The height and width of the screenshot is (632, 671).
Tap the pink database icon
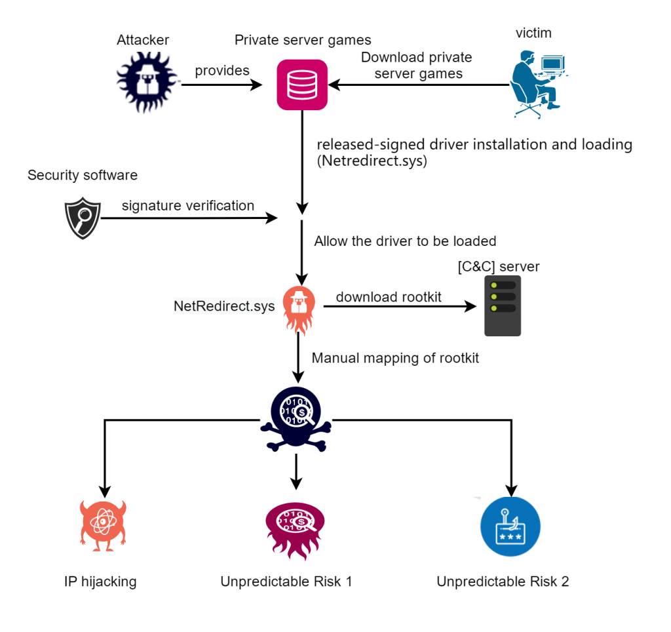click(301, 84)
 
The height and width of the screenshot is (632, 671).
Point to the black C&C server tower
click(503, 306)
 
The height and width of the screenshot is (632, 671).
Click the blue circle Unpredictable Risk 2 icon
click(510, 526)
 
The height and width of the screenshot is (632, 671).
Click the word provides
click(222, 70)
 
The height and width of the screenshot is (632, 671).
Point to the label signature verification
click(188, 206)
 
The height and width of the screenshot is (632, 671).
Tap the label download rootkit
click(389, 297)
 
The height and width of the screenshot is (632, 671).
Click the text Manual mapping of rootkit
click(395, 358)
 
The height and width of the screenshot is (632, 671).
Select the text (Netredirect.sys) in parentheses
click(372, 161)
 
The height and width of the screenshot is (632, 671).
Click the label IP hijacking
click(100, 582)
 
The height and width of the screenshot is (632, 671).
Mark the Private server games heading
click(303, 41)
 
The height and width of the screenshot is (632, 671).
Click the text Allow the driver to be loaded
click(405, 241)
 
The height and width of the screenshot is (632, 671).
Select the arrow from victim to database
click(419, 85)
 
